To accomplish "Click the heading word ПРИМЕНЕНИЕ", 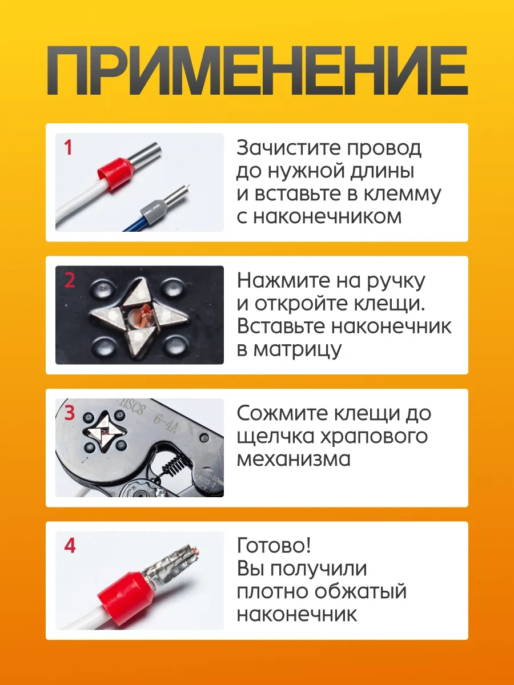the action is (x=257, y=70).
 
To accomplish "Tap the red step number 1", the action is (x=68, y=148).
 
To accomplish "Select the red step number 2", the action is (x=70, y=280).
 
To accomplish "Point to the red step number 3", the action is (x=70, y=413).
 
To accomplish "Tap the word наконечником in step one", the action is (x=327, y=216).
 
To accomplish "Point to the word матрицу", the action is (x=298, y=350).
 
